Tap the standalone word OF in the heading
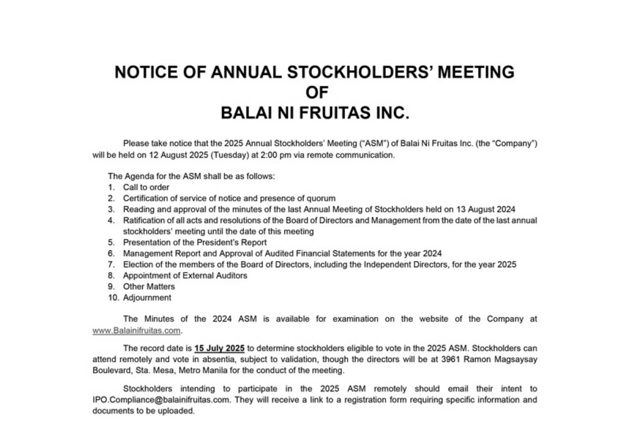[317, 93]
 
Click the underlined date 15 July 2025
[219, 348]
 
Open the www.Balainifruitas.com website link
[136, 331]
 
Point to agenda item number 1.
[111, 187]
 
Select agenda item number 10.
[112, 297]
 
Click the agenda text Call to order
[146, 187]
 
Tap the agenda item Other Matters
[149, 286]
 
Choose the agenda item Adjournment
[147, 297]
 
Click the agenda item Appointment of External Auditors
[185, 275]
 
